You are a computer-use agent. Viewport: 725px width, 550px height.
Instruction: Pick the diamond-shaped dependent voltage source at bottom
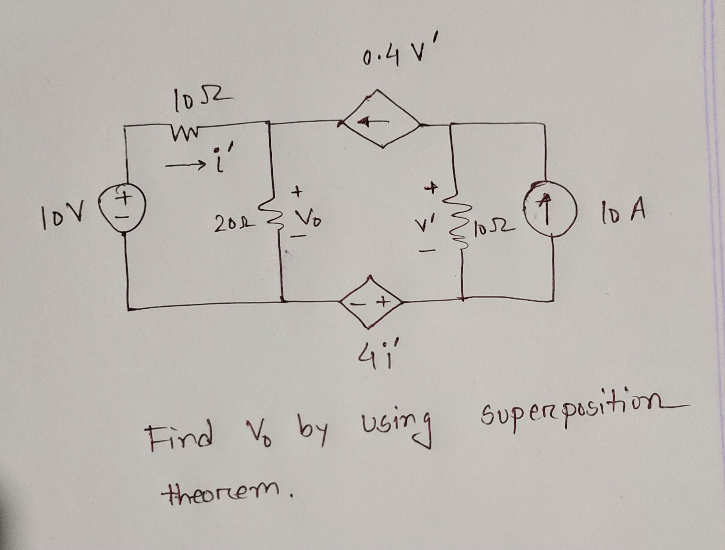pos(370,302)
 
